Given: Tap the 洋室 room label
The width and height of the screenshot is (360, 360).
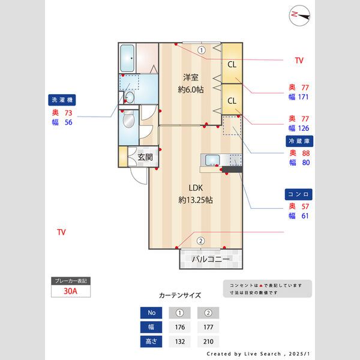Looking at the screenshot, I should (191, 77).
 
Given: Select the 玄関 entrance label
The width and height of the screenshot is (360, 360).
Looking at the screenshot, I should (145, 157).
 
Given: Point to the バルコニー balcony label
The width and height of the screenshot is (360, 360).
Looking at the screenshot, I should (211, 260).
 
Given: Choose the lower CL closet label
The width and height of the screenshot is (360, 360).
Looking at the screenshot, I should (232, 100).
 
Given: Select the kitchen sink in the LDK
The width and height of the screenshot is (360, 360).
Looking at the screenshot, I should (212, 160).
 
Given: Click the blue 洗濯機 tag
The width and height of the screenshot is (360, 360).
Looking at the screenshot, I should (62, 100).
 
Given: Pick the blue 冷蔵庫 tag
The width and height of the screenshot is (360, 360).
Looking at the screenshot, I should (300, 141).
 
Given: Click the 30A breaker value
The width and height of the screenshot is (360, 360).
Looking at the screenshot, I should (71, 292).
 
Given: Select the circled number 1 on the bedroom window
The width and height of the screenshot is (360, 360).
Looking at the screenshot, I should (202, 50).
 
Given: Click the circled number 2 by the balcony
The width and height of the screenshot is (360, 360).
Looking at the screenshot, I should (200, 241).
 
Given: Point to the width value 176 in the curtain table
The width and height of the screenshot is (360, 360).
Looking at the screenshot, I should (179, 327).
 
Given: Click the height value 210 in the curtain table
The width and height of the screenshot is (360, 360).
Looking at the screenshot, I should (208, 341).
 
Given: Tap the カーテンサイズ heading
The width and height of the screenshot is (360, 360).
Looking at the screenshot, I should (180, 295).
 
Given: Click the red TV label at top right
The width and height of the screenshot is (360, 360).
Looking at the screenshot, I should (299, 61).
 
